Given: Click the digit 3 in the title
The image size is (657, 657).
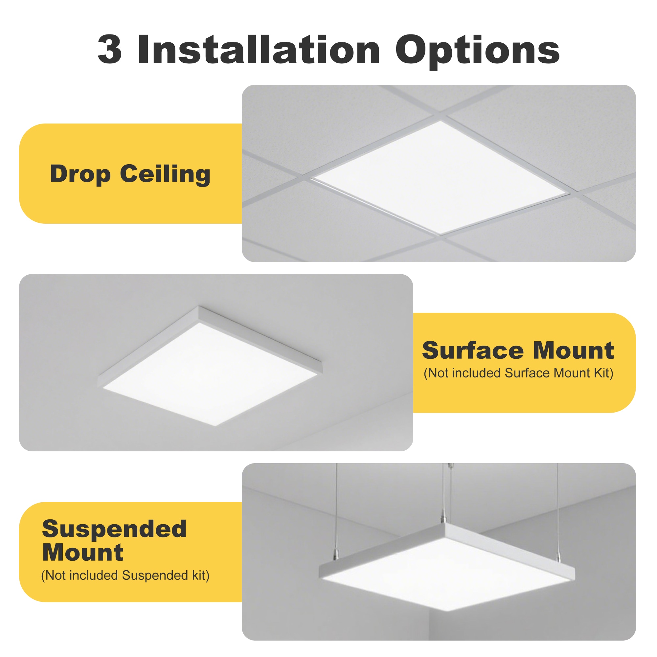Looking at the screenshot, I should [x=109, y=49].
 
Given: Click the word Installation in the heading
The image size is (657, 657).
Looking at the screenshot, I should [x=259, y=49].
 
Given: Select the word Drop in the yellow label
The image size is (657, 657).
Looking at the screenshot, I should [x=80, y=174].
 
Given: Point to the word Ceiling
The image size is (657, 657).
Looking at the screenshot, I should [x=165, y=174].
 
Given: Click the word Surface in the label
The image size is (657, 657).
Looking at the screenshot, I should [x=473, y=351].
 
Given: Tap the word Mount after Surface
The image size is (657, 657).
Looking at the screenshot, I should [x=573, y=351].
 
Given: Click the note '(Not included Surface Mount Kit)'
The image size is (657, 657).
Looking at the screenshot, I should [x=518, y=373].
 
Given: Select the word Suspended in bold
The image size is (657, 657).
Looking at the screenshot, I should [x=114, y=529].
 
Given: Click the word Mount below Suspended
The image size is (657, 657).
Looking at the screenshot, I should [x=83, y=553].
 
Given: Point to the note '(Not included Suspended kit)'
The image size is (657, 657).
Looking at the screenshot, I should [x=125, y=576].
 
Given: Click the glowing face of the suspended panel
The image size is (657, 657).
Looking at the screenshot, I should [x=445, y=575].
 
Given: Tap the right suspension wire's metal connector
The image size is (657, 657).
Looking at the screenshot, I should [x=558, y=557].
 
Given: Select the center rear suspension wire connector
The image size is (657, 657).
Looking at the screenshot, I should [x=444, y=519].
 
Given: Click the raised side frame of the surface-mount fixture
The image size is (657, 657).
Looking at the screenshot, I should [x=260, y=333].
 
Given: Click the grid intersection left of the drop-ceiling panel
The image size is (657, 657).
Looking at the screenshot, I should [x=304, y=177].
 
